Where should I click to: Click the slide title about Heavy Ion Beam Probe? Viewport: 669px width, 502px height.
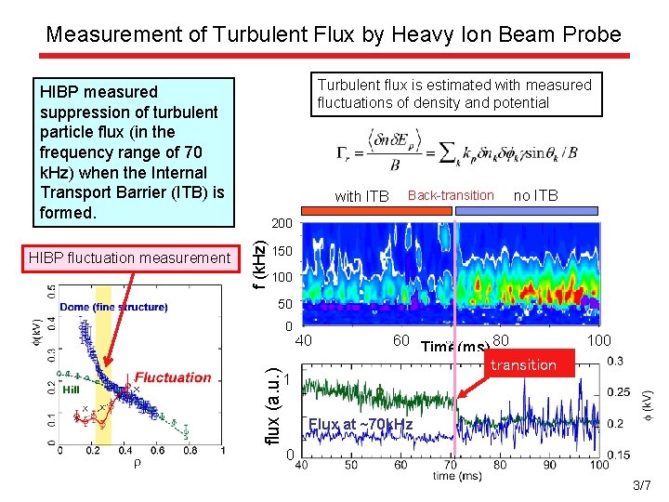click(334, 34)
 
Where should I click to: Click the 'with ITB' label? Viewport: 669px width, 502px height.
click(361, 196)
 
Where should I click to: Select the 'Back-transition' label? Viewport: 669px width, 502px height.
click(451, 195)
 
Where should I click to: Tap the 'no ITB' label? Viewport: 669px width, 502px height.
click(535, 195)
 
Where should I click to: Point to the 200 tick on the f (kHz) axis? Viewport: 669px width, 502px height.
click(282, 224)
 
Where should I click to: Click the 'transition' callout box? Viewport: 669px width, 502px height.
click(523, 365)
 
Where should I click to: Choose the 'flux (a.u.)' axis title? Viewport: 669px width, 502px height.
click(272, 405)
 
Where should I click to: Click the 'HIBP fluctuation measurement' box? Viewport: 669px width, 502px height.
click(128, 258)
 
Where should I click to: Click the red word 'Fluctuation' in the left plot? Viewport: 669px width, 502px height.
click(173, 377)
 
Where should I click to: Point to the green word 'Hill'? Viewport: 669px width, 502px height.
click(71, 390)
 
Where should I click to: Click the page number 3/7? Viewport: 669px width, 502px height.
click(641, 485)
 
